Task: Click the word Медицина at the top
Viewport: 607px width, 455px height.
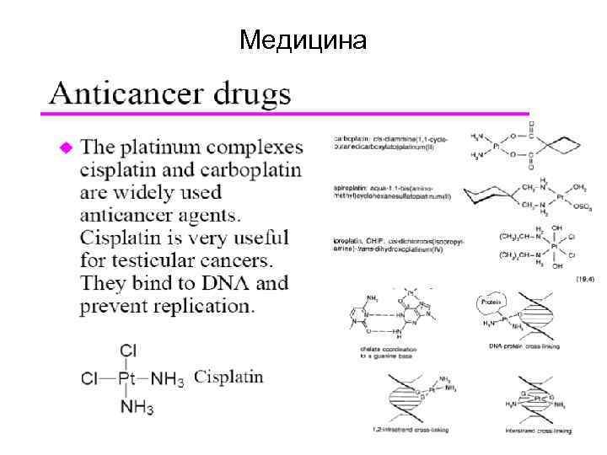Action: (303, 39)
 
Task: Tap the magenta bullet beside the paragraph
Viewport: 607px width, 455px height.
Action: (66, 147)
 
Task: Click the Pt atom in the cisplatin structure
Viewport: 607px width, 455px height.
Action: (126, 377)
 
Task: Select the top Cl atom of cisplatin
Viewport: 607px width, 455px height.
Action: (128, 351)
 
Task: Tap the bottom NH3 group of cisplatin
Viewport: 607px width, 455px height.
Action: (137, 407)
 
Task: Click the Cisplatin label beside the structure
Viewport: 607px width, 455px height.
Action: (228, 377)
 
